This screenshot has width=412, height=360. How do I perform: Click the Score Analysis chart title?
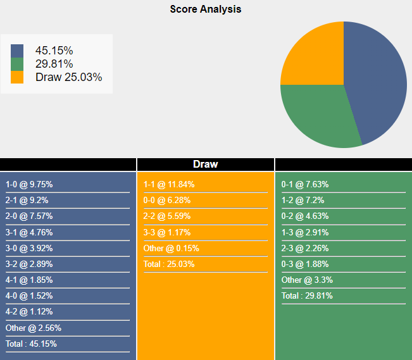point(205,9)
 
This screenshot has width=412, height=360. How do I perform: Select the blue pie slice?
point(377,79)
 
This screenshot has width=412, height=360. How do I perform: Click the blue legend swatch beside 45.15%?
point(17,51)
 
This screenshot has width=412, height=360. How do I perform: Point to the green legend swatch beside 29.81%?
point(17,64)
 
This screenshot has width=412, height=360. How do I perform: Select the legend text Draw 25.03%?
point(68,77)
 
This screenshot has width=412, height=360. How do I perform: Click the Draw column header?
point(205,164)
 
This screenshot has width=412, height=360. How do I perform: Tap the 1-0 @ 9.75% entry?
point(29,185)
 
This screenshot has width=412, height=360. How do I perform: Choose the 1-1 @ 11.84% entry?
point(169,185)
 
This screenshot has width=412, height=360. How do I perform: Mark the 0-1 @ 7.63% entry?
point(305,185)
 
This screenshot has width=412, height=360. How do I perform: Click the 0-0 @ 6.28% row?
point(167,201)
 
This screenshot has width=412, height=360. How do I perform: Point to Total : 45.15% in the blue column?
point(31,344)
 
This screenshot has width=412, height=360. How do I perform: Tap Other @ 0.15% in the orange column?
point(171,248)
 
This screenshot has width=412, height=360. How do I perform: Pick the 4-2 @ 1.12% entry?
point(29,312)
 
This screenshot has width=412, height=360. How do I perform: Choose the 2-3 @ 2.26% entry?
point(305,248)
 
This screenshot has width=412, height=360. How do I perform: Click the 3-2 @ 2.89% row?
point(29,264)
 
